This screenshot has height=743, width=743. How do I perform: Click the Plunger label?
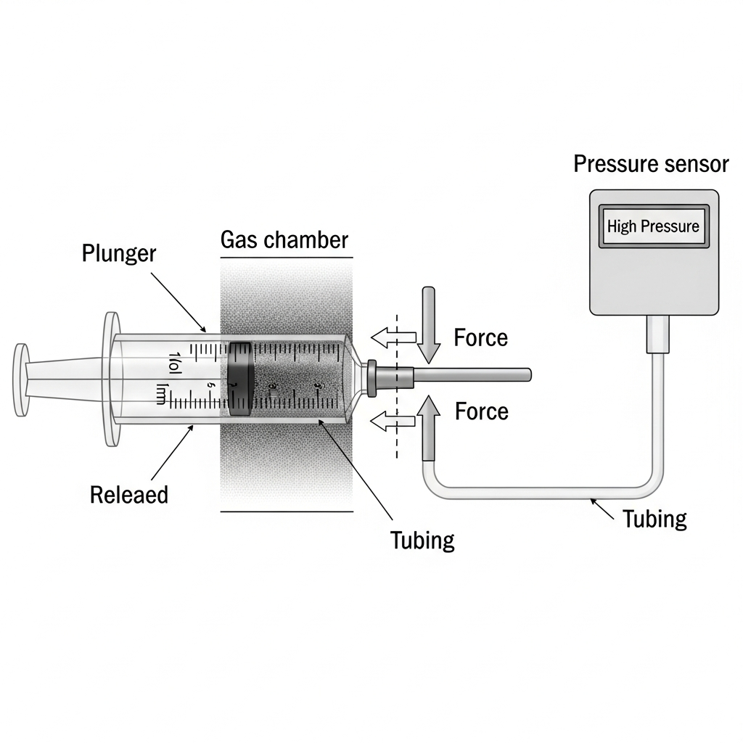[120, 254]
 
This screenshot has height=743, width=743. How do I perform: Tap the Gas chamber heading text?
[284, 240]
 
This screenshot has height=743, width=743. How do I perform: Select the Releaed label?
[129, 495]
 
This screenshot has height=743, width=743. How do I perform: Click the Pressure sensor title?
[651, 164]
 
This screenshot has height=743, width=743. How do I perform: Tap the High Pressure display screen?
[653, 226]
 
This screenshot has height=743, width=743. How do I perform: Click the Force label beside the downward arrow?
[480, 337]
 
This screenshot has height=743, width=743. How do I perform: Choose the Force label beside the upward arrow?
[481, 411]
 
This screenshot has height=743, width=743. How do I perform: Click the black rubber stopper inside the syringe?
[240, 378]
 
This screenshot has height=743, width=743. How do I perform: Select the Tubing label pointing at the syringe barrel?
[422, 540]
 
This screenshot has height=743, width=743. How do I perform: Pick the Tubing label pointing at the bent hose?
[654, 518]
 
